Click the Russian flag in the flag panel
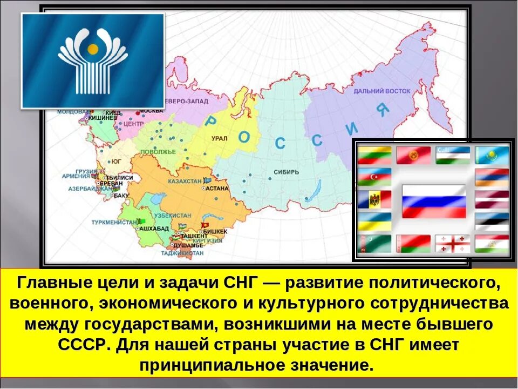tap(434, 200)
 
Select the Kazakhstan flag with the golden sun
tap(492, 156)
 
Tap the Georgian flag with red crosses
tap(453, 244)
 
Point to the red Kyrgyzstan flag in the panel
tap(413, 156)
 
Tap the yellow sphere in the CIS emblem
tap(93, 50)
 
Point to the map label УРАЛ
tap(220, 139)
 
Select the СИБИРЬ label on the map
tap(281, 173)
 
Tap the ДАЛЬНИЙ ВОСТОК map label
tap(382, 91)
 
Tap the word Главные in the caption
tap(50, 283)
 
